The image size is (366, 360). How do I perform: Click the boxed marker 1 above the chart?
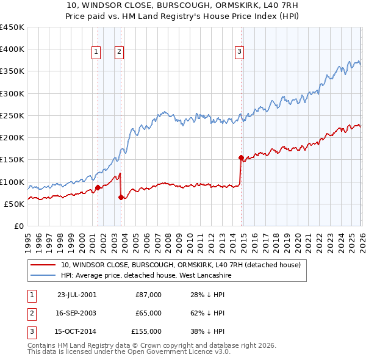coord(97,52)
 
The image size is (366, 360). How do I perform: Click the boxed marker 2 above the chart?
coord(119,52)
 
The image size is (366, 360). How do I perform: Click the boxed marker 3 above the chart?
coord(240,52)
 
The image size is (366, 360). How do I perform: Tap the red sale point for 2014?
coord(241,157)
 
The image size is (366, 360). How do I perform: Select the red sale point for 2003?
coord(121,197)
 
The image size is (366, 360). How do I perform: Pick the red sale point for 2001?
coord(98,187)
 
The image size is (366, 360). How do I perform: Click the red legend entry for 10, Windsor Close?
coord(181,265)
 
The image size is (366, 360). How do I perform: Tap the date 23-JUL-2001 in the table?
coord(76,295)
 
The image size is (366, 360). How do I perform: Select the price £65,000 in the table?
coord(148,313)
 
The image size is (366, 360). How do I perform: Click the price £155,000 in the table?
coord(146,331)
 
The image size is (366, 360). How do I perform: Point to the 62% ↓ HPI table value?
coord(207,313)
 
